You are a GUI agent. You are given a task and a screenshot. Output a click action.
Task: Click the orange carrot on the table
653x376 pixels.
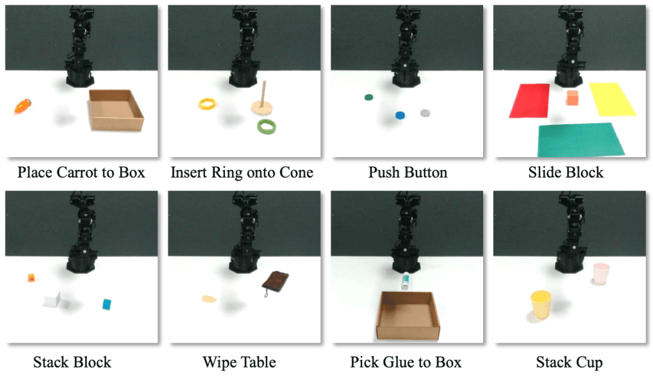coord(22,106)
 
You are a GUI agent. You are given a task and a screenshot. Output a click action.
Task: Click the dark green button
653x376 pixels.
coord(368,97)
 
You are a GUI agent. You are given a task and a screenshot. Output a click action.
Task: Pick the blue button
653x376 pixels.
coord(400,115)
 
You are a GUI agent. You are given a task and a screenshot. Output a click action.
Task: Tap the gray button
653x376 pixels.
coord(425,113)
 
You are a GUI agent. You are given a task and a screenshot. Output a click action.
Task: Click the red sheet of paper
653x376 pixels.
coord(529,100)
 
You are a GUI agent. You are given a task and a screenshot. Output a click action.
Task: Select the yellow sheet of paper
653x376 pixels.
coord(612,99)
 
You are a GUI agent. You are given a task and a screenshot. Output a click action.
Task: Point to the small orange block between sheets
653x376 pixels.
coord(573,98)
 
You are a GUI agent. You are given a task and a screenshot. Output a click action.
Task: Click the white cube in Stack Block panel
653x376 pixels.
coord(52,299)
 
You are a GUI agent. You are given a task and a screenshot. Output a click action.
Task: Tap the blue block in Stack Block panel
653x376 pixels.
coord(107,304)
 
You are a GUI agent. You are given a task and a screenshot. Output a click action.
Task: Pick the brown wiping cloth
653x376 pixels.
coord(275,281)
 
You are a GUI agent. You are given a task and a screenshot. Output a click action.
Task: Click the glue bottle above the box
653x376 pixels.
coord(405,281)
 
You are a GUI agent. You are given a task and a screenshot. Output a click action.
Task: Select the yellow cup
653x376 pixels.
coord(541,304)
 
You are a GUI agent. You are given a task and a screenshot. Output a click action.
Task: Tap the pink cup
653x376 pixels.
coord(601,273)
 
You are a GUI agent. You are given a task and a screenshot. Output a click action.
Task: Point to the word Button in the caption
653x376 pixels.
coord(425,172)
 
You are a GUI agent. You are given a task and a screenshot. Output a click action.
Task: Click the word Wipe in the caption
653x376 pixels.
coord(220,362)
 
